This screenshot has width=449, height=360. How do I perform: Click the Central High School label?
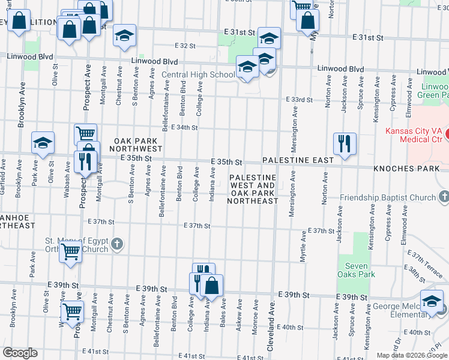coord(199,75)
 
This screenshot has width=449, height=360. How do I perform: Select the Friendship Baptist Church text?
coord(388,197)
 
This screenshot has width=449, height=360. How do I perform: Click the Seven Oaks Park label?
coord(357,270)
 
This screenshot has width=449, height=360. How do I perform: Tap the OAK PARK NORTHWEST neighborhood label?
coord(138,145)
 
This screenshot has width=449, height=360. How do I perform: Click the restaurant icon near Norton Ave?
coord(345,144)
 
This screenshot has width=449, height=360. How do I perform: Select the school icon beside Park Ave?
coord(43,143)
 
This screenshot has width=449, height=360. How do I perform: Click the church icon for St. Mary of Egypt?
coord(117,244)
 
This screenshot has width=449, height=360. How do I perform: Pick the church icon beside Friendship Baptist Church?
coord(443,197)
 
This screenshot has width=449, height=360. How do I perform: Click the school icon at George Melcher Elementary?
coord(431,302)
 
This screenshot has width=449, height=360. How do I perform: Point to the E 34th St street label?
coord(184,127)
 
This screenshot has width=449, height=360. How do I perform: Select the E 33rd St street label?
coord(300,99)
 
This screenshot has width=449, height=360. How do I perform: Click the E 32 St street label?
coord(185,46)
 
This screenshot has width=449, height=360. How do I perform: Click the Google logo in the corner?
coord(20,353)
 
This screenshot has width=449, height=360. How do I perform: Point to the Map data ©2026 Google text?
coord(411,355)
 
